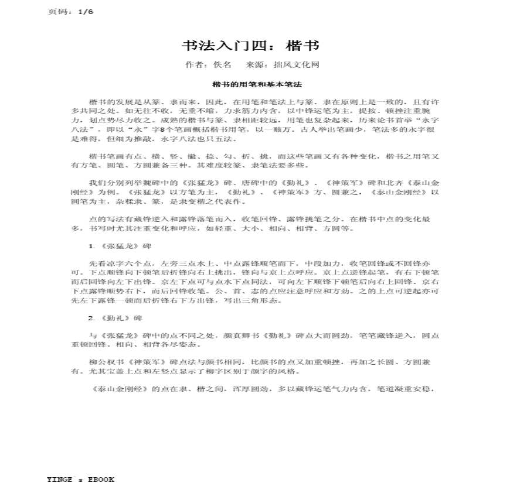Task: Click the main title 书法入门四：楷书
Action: [250, 46]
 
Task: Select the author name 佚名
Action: [223, 65]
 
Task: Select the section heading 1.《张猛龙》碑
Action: [115, 246]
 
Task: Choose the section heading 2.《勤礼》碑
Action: [115, 318]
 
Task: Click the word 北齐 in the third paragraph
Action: [381, 183]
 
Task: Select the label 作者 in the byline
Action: [193, 65]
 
